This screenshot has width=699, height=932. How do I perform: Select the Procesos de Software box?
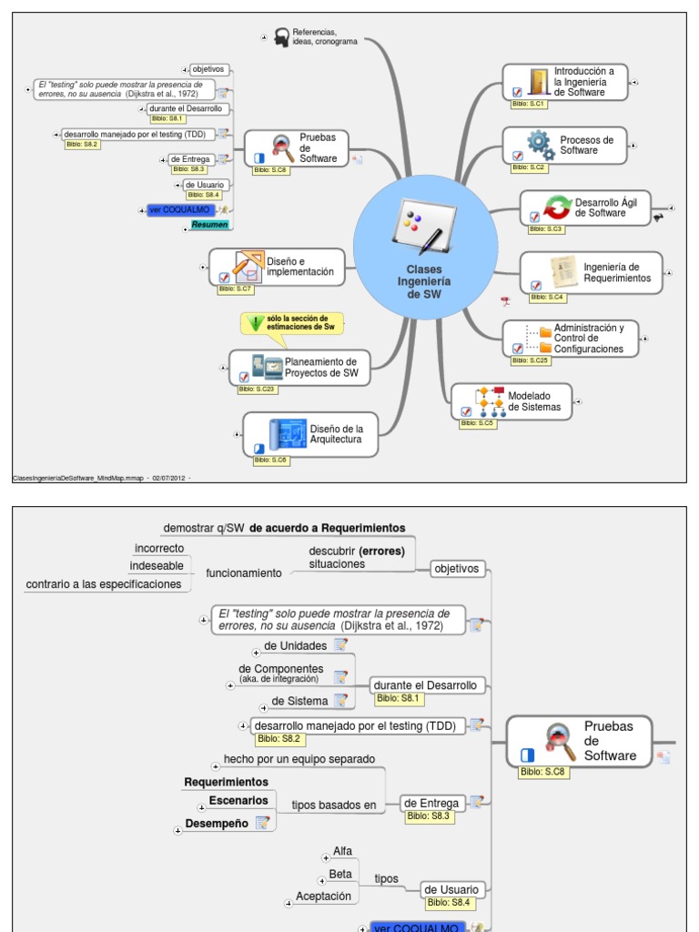(x=565, y=146)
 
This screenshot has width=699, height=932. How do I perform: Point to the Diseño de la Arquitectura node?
(x=309, y=434)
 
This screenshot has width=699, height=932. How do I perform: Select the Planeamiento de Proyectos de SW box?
(x=299, y=367)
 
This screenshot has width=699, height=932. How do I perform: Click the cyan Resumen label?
(x=209, y=225)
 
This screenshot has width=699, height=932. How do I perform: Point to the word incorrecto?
(x=159, y=549)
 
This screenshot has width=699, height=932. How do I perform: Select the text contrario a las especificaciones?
(x=104, y=584)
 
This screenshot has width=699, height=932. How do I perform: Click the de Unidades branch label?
(x=295, y=646)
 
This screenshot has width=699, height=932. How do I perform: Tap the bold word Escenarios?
(x=238, y=801)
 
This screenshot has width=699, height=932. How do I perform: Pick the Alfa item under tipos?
(x=342, y=851)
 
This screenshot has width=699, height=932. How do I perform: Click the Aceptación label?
(x=323, y=897)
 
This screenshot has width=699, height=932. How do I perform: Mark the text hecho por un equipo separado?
(x=299, y=759)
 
